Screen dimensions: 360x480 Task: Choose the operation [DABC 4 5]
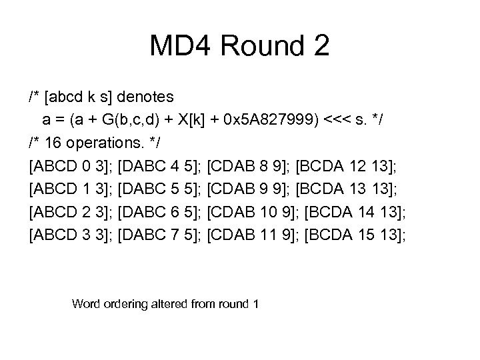click(x=159, y=166)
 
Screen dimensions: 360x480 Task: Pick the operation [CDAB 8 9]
click(x=249, y=166)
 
